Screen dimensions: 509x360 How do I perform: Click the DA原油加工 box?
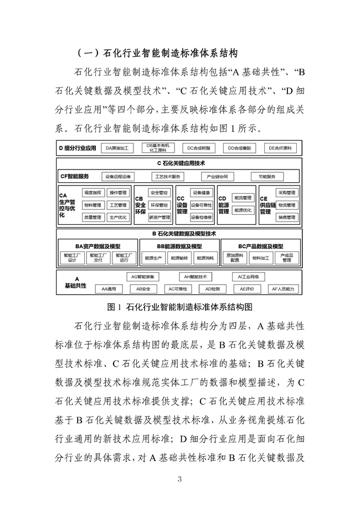[117, 148]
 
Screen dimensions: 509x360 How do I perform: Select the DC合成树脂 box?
[198, 148]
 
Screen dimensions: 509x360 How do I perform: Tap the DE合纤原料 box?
[280, 148]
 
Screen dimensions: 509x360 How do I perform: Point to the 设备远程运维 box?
[117, 177]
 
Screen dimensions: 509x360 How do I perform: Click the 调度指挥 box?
[92, 193]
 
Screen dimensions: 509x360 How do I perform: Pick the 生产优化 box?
[118, 218]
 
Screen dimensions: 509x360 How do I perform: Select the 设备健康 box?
[202, 193]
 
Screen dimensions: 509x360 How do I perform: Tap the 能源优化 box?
[243, 210]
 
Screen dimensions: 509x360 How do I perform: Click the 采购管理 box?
[287, 193]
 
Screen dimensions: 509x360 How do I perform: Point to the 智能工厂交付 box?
[99, 258]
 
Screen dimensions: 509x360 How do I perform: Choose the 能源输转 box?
[179, 258]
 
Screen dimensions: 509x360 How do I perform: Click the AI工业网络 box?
[248, 276]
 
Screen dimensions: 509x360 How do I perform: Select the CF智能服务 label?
[75, 177]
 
